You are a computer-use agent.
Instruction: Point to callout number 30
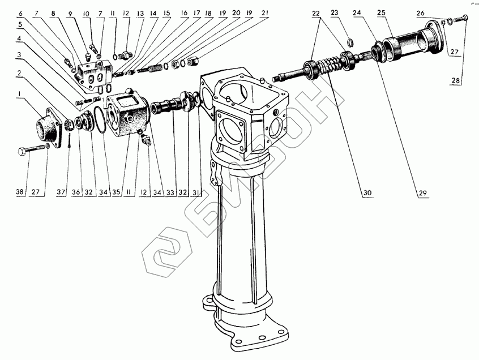coord(367,192)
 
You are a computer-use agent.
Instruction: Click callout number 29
coord(422,193)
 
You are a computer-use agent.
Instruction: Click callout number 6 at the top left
coord(21,12)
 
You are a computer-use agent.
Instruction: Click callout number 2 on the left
coord(19,72)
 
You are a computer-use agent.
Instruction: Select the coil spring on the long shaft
coord(328,67)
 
